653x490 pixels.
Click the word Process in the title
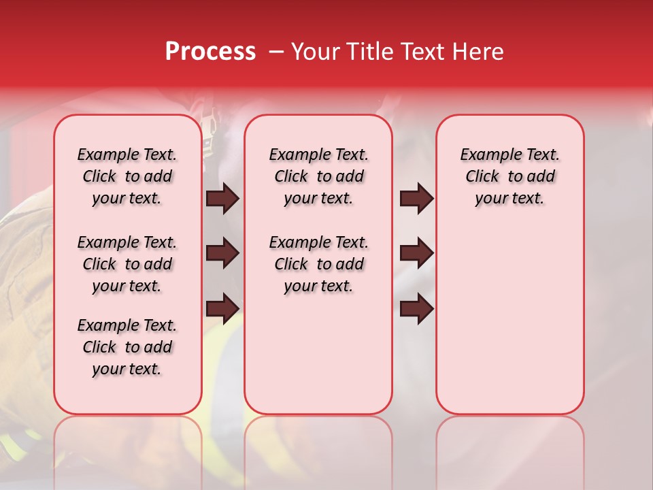(210, 51)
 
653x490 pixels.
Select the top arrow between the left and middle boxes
(222, 198)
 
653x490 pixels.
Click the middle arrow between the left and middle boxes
(222, 253)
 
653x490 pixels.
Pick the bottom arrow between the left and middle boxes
(222, 309)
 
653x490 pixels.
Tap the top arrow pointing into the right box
(416, 198)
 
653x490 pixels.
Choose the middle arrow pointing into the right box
(416, 253)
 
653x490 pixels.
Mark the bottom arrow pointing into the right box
(416, 309)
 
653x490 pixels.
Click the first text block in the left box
(127, 176)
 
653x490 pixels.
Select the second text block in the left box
(127, 264)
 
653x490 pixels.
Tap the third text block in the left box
(127, 347)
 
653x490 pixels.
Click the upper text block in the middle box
(319, 176)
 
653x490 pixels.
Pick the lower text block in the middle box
(319, 264)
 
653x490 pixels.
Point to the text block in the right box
(510, 176)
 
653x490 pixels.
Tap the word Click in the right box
(482, 176)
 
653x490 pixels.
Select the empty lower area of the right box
(510, 313)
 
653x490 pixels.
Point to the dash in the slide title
(277, 52)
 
